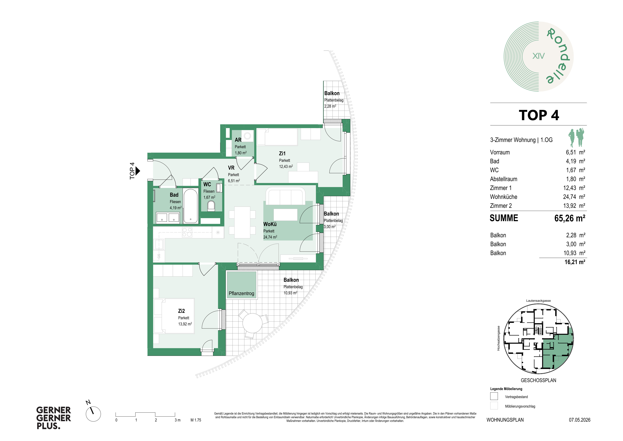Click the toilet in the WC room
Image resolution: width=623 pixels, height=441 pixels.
pyautogui.click(x=211, y=206)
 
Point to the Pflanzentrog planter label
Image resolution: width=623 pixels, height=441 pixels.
pyautogui.click(x=242, y=294)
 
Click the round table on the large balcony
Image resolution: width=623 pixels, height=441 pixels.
pyautogui.click(x=252, y=323)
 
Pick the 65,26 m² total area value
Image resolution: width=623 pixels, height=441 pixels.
pyautogui.click(x=570, y=218)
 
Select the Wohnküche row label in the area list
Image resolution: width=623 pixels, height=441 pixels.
pyautogui.click(x=504, y=197)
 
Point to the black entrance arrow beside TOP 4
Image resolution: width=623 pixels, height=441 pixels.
pyautogui.click(x=138, y=171)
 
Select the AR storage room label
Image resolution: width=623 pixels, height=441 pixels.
pyautogui.click(x=238, y=140)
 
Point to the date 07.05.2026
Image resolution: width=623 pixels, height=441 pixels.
pyautogui.click(x=580, y=420)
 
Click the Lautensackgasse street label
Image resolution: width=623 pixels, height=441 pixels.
pyautogui.click(x=538, y=301)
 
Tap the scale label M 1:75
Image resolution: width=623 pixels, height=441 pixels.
pyautogui.click(x=196, y=420)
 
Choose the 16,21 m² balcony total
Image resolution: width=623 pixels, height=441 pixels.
pyautogui.click(x=575, y=262)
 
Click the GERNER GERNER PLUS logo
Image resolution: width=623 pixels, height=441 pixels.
pyautogui.click(x=53, y=418)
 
